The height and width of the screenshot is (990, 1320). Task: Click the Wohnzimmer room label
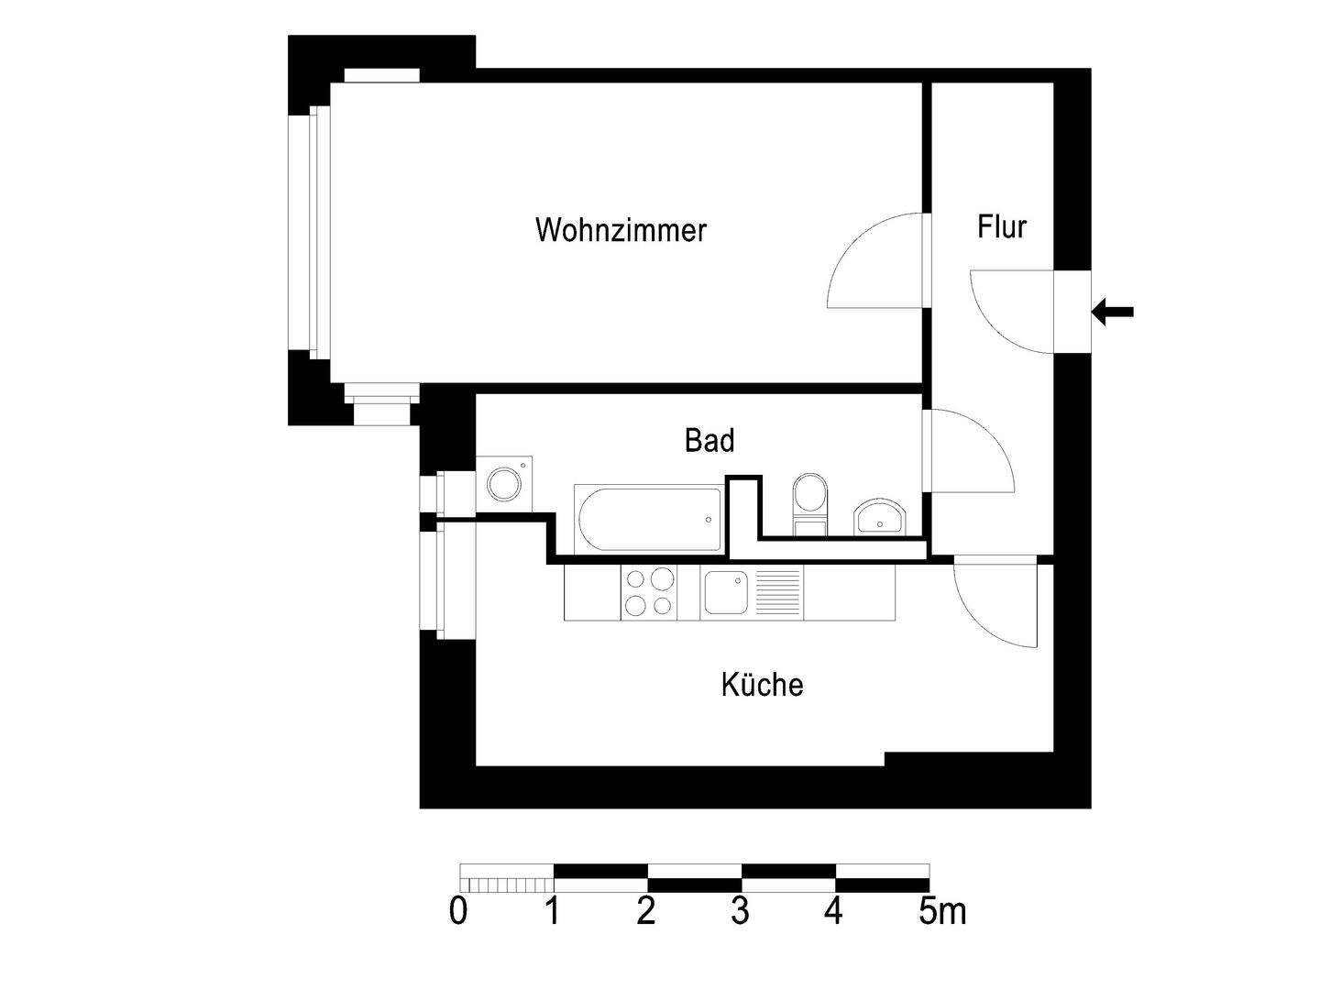pyautogui.click(x=621, y=229)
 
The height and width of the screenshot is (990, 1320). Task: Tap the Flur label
pyautogui.click(x=1001, y=226)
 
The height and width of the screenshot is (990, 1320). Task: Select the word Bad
pyautogui.click(x=709, y=441)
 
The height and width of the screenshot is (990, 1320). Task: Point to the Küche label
pyautogui.click(x=762, y=685)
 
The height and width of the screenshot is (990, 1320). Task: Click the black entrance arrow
pyautogui.click(x=1113, y=312)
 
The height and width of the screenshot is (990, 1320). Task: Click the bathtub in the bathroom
pyautogui.click(x=648, y=520)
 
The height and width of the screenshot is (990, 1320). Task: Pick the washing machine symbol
pyautogui.click(x=503, y=483)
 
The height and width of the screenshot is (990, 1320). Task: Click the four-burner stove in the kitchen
pyautogui.click(x=649, y=592)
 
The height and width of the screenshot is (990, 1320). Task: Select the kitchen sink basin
pyautogui.click(x=724, y=592)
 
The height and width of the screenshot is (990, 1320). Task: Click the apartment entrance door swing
pyautogui.click(x=1008, y=312)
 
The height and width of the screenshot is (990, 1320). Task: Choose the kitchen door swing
pyautogui.click(x=995, y=605)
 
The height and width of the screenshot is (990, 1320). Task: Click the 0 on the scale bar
pyautogui.click(x=458, y=912)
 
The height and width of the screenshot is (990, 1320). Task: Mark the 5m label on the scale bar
pyautogui.click(x=942, y=912)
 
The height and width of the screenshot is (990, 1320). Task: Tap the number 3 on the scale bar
pyautogui.click(x=740, y=912)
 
